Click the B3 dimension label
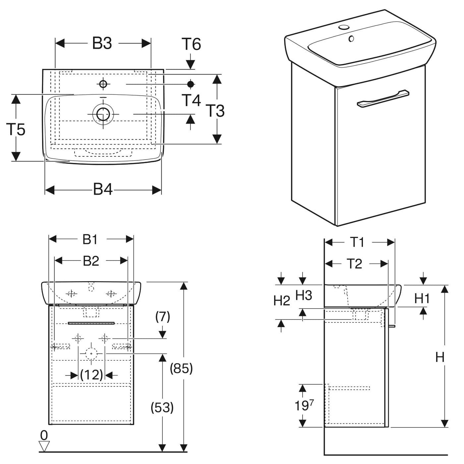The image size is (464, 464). point(102,43)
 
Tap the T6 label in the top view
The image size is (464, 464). point(192,44)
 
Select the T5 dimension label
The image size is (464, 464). point(16,129)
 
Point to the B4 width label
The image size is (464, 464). point(103,190)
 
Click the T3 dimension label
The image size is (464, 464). point(215,111)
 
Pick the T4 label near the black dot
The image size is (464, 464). point(192,100)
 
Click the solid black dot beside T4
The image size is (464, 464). point(191,84)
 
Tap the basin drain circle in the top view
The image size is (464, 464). point(103,114)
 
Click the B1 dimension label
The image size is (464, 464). point(90,239)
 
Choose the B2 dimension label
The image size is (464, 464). point(91,261)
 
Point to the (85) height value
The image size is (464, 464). point(181,369)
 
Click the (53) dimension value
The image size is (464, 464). point(162,408)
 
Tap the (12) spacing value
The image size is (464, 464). point(91,375)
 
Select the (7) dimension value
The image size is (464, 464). point(163,317)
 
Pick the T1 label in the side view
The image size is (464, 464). point(358,242)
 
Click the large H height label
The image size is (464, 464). point(440,357)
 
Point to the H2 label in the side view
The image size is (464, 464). point(282,301)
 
